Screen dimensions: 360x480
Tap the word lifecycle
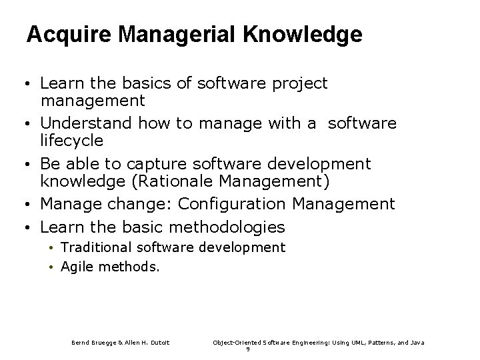72,141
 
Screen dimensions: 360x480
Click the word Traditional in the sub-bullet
96,247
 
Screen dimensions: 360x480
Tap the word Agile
75,267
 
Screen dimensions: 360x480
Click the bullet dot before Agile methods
51,267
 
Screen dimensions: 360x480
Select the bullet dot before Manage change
31,204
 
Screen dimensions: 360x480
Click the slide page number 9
248,349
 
